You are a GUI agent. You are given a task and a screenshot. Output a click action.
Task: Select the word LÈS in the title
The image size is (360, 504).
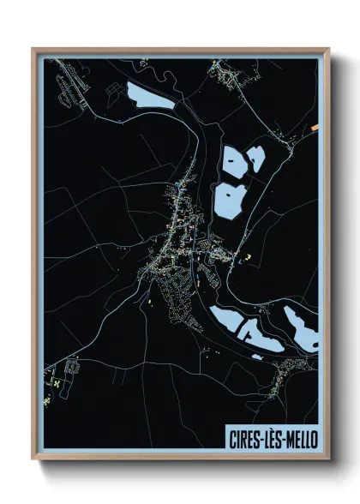point(269,439)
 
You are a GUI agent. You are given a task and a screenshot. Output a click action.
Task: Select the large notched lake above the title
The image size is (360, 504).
point(237,324)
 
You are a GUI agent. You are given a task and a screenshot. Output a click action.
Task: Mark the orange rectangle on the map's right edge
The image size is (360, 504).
point(315,129)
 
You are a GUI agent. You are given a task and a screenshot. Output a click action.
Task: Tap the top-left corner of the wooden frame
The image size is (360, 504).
point(33,49)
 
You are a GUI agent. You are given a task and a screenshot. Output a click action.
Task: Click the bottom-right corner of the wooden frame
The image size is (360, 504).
point(328,461)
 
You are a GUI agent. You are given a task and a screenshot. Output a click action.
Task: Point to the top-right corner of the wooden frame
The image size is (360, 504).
point(328,49)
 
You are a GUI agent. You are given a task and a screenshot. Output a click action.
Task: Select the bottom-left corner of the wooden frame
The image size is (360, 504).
point(33,461)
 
